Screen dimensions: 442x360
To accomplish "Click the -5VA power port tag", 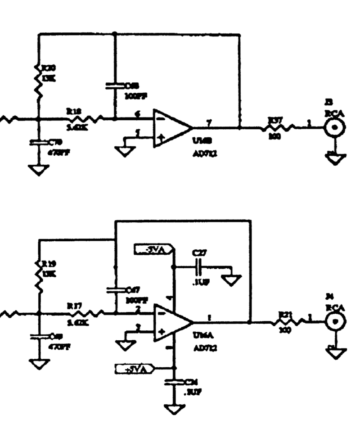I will [x=153, y=249].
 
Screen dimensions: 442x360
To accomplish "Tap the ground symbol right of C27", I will [x=233, y=281].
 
